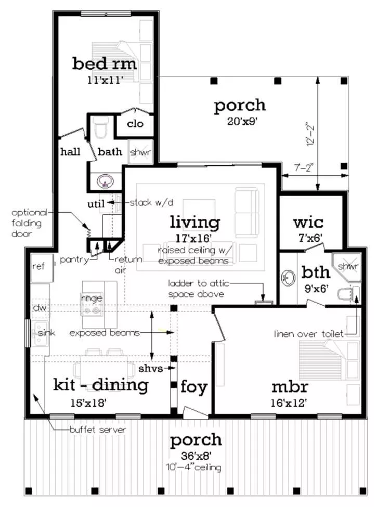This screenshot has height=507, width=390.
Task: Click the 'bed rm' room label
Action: click(x=104, y=63)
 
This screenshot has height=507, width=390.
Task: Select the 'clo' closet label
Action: click(x=135, y=124)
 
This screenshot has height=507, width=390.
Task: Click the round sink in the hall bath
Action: click(x=105, y=181)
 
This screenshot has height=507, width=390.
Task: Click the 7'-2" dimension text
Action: click(x=303, y=168)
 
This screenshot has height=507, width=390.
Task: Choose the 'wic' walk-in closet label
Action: click(x=308, y=223)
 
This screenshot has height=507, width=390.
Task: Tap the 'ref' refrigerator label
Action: click(x=38, y=266)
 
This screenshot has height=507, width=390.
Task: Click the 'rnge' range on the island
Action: click(x=92, y=298)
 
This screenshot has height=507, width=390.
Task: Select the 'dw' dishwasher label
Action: click(x=40, y=307)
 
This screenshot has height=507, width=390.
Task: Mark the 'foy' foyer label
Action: click(x=194, y=387)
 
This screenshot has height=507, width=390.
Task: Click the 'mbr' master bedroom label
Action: click(x=290, y=386)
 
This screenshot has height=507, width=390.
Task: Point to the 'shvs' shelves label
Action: click(x=151, y=368)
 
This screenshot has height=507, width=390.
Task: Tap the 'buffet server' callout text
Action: click(x=98, y=430)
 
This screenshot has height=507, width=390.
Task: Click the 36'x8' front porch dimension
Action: click(x=196, y=456)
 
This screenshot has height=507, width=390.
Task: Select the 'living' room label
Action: click(x=195, y=223)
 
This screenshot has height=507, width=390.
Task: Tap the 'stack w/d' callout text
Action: click(x=151, y=203)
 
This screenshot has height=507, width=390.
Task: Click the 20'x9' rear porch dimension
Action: click(x=242, y=122)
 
